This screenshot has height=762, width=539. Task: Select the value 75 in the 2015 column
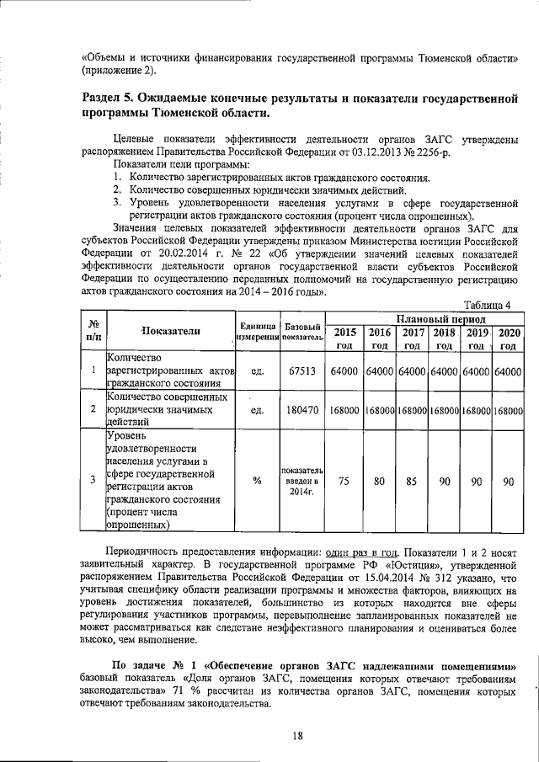[x=344, y=482]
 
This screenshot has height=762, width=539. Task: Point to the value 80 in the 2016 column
[x=380, y=482]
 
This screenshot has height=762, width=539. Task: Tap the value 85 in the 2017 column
[x=412, y=482]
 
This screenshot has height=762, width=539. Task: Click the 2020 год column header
[x=508, y=338]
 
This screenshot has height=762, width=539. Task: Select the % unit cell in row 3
[x=257, y=482]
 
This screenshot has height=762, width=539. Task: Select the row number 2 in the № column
[x=93, y=410]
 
